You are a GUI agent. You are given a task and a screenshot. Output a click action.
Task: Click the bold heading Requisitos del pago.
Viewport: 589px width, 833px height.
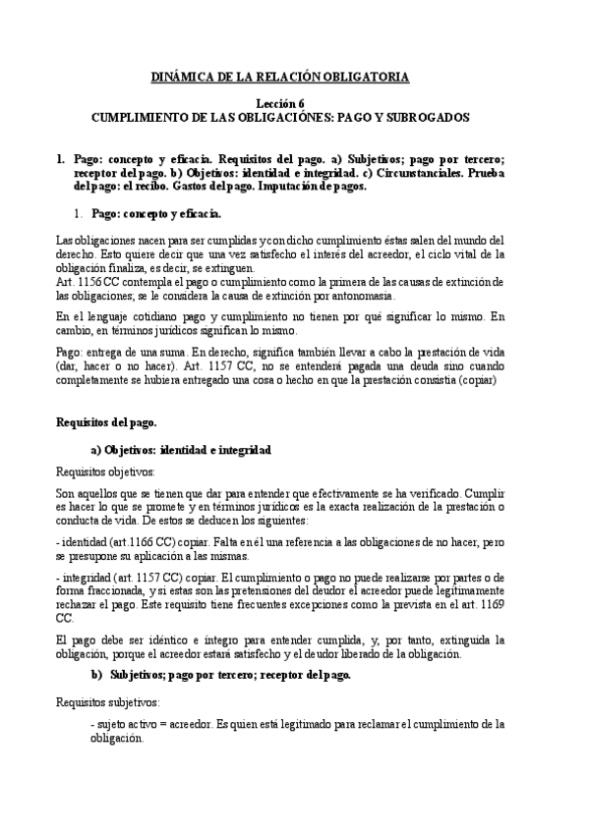106,422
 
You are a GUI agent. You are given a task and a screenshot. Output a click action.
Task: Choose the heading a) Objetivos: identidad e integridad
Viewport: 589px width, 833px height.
180,449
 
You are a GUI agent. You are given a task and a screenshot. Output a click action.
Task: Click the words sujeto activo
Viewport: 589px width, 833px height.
125,725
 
